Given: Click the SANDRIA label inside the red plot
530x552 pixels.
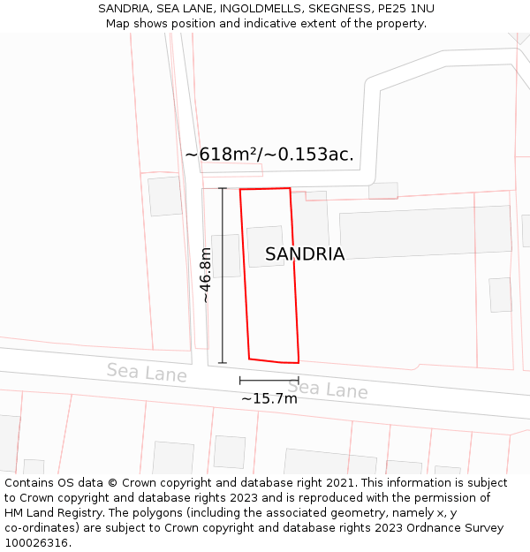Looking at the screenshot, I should [x=305, y=254].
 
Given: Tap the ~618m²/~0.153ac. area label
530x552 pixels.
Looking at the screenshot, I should [x=269, y=155].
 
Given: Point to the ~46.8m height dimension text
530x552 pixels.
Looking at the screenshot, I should [x=206, y=275].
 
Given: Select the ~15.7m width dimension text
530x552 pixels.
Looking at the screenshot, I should [x=269, y=398].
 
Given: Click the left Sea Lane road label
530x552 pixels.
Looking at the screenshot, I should [x=147, y=372].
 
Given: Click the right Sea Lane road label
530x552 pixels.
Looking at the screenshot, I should [x=327, y=389].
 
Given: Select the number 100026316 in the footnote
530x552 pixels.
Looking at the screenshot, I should [x=36, y=543].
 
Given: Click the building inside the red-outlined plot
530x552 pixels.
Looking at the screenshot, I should [x=265, y=246].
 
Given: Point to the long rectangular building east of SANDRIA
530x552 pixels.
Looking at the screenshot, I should [x=425, y=231].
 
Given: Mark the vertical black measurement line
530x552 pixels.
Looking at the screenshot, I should [x=223, y=275].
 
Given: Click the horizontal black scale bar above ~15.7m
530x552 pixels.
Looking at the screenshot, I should [x=269, y=381].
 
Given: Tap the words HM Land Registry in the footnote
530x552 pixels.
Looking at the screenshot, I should [x=54, y=513].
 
